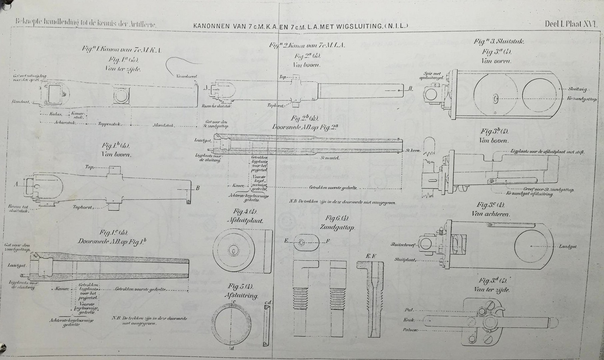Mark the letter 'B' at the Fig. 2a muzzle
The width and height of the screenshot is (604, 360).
411,88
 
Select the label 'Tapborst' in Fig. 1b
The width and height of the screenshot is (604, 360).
82,207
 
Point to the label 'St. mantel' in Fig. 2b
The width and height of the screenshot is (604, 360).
330,158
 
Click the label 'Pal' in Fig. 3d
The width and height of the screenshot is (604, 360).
409,310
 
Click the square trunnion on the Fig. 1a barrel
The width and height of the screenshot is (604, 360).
121,96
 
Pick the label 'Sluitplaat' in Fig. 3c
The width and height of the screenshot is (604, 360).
405,259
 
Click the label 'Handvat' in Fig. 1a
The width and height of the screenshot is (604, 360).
20,101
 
